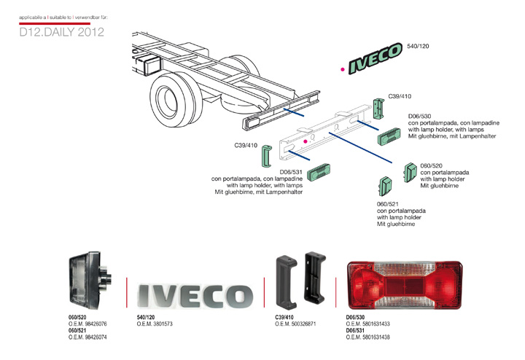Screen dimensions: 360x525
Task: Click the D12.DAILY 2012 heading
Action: (x=62, y=33)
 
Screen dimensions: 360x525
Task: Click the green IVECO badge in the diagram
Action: (x=376, y=59)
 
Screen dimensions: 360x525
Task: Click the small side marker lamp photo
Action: (x=91, y=281)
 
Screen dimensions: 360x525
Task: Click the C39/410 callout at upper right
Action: (x=400, y=95)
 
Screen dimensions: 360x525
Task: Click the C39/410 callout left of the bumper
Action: (x=246, y=145)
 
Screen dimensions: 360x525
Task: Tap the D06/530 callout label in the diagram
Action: (x=420, y=117)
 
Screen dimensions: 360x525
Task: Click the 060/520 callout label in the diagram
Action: (x=432, y=165)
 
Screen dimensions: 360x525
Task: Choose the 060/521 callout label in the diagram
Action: (x=388, y=203)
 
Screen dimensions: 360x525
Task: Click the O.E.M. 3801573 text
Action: (x=155, y=324)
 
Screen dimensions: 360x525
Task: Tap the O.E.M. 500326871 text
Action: (x=295, y=324)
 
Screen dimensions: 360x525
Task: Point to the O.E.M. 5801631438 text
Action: (x=367, y=337)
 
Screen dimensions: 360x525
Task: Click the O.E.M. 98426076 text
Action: (x=87, y=324)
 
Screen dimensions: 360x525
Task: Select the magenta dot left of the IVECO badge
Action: (x=343, y=70)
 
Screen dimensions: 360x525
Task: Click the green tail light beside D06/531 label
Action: (x=319, y=172)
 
